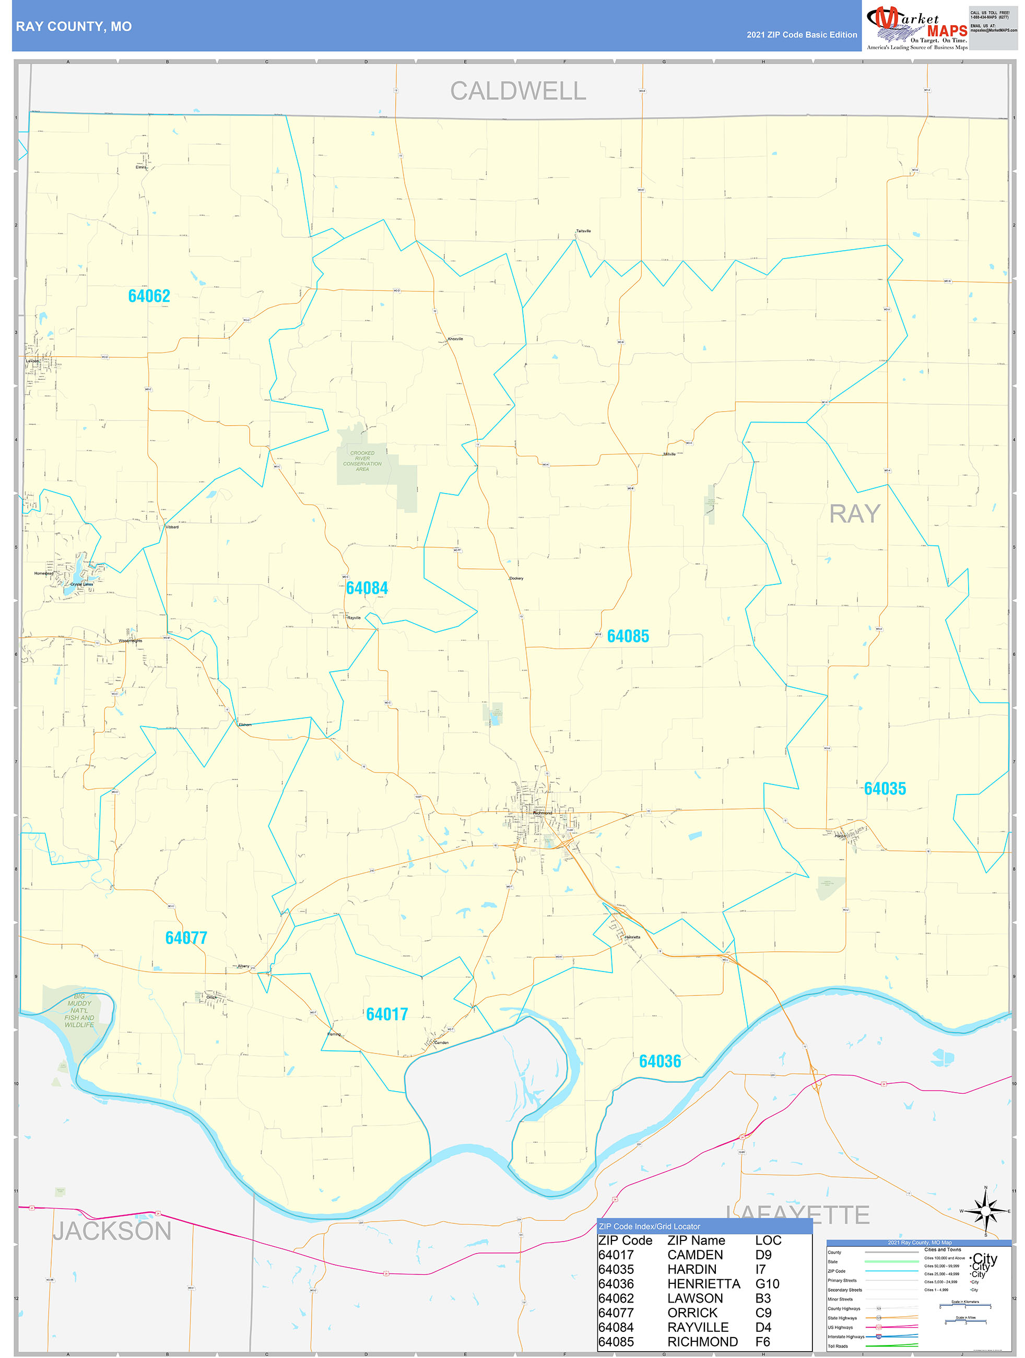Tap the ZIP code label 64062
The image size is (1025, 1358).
tap(149, 296)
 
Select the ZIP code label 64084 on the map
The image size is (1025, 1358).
tap(367, 588)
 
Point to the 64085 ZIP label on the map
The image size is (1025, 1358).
tap(628, 636)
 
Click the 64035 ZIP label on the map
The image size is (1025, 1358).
tap(885, 788)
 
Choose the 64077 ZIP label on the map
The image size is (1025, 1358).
tap(186, 938)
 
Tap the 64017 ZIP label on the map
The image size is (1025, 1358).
tap(387, 1014)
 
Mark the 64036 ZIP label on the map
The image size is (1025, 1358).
tap(660, 1061)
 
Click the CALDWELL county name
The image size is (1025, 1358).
tap(518, 91)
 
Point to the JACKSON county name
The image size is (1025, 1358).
tap(112, 1231)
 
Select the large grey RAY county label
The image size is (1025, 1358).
tap(854, 513)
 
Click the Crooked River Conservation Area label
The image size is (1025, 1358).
tap(362, 461)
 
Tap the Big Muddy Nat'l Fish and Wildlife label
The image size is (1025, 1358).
tap(79, 1010)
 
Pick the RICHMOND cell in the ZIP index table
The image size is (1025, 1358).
tap(702, 1342)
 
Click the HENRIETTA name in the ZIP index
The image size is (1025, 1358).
tap(703, 1284)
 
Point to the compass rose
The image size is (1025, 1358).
tap(986, 1210)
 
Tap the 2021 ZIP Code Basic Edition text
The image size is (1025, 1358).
tap(802, 35)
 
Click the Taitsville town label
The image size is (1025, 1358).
tap(583, 231)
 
